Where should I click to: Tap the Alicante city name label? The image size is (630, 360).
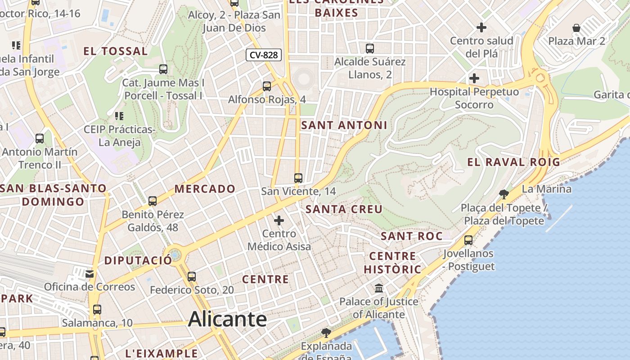click(x=227, y=319)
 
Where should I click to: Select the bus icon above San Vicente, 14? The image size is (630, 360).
click(x=298, y=178)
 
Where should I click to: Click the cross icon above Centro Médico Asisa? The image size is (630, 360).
click(x=279, y=220)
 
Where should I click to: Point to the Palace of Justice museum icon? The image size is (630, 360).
click(x=379, y=288)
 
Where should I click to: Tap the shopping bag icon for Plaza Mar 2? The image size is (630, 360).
click(x=576, y=28)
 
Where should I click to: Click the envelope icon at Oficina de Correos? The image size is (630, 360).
click(x=90, y=274)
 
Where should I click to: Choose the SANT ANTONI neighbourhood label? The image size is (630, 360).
click(x=344, y=125)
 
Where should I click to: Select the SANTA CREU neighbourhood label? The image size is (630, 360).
click(x=344, y=209)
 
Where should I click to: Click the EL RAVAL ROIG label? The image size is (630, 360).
click(x=513, y=162)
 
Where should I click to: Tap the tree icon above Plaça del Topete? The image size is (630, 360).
click(x=504, y=194)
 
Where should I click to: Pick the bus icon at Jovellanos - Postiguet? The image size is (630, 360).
click(x=468, y=240)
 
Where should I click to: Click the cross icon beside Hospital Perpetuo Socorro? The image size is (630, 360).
click(x=474, y=78)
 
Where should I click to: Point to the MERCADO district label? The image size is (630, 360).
click(x=205, y=189)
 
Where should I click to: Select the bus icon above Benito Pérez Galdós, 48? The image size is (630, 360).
click(x=153, y=201)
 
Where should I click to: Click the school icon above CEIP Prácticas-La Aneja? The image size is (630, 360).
click(x=119, y=116)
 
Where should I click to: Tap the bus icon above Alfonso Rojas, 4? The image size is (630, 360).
click(x=267, y=86)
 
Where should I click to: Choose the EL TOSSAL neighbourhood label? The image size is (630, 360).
click(x=116, y=51)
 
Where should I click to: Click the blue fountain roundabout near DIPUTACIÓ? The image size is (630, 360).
click(x=174, y=255)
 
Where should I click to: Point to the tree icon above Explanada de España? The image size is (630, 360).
click(x=326, y=333)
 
